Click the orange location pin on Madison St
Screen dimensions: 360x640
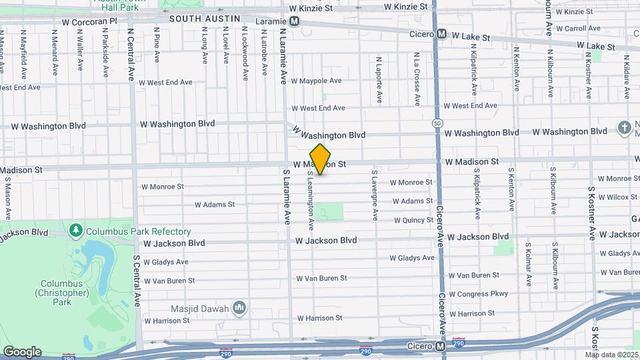(321, 159)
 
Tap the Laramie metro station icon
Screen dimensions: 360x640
(294, 21)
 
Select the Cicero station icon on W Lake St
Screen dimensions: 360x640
(442, 34)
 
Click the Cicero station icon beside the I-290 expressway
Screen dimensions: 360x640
(440, 347)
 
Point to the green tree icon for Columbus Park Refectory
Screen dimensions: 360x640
(76, 231)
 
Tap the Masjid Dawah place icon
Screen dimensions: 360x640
(239, 308)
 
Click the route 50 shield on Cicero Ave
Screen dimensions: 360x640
(437, 123)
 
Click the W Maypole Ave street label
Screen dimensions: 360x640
(316, 81)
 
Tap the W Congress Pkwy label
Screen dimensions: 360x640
(478, 293)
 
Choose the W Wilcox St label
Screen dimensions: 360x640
(618, 197)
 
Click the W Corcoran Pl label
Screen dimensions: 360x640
(89, 21)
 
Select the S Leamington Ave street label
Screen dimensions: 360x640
(311, 196)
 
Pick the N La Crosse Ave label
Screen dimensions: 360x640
(416, 79)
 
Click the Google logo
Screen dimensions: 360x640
(22, 352)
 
